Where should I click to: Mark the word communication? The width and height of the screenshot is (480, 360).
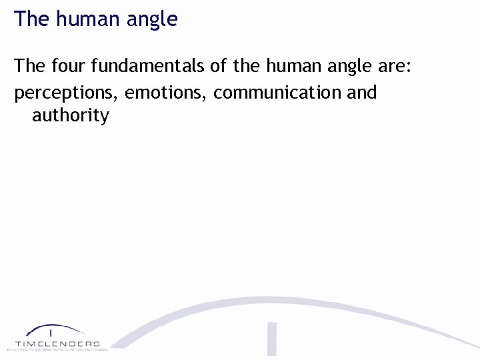(277, 92)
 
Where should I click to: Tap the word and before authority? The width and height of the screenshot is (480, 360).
(361, 92)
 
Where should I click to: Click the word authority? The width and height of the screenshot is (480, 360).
(70, 115)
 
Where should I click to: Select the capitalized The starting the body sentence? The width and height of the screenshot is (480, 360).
(29, 67)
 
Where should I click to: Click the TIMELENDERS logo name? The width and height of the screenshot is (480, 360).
(57, 343)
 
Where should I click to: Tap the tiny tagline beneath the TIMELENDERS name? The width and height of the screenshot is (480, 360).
(57, 349)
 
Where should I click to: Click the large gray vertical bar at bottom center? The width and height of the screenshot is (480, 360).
(271, 340)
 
